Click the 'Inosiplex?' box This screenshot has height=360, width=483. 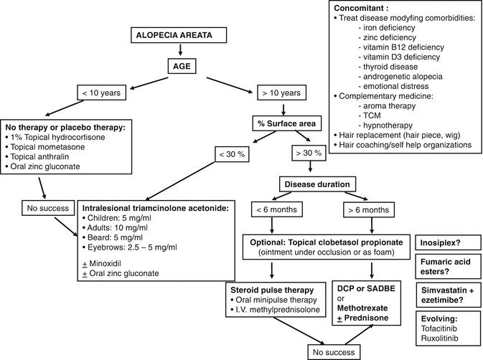click(x=445, y=242)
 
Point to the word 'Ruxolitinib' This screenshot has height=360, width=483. click(x=440, y=341)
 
